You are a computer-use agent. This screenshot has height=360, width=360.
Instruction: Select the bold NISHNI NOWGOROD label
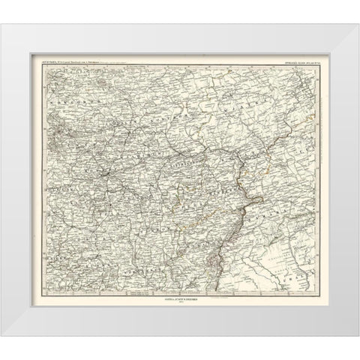[177, 142]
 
